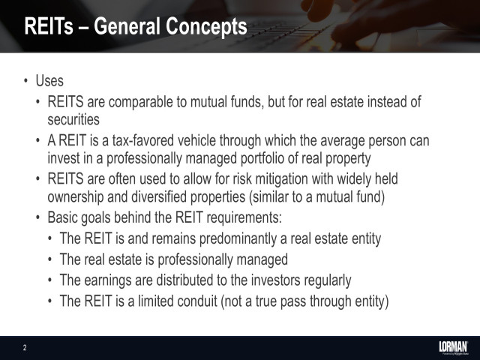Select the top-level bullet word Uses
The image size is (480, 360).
49,81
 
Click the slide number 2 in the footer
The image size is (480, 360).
25,347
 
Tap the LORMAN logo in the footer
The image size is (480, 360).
452,346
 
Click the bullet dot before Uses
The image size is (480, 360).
26,81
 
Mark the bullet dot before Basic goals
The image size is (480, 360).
39,219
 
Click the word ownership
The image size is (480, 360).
78,196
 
